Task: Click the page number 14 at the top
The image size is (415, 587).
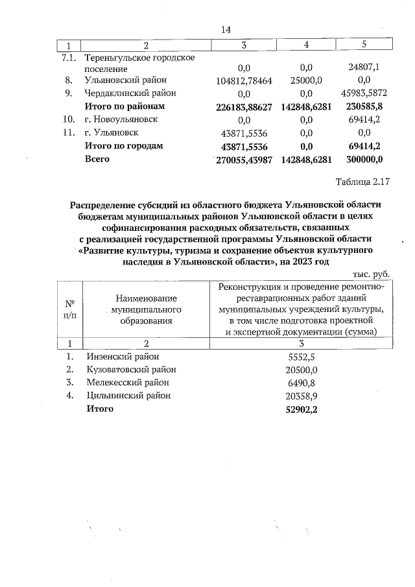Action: tap(226, 30)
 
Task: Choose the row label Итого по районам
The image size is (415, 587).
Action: tap(126, 106)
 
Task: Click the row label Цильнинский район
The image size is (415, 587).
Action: tap(128, 395)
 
